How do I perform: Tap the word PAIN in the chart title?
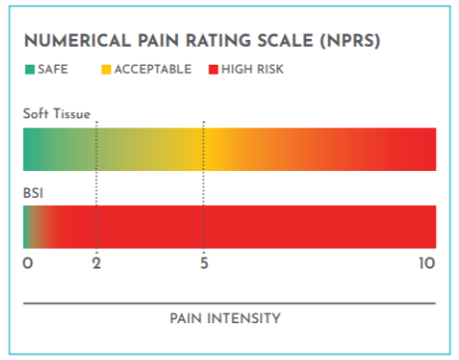pos(149,43)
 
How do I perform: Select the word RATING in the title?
pos(208,43)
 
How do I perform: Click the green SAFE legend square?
pos(28,71)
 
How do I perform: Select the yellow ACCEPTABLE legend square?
pos(105,71)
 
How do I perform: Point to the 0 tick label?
pos(28,265)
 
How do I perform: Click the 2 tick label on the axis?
pos(96,265)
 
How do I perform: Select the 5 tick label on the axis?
pos(204,265)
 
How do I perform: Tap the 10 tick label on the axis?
pos(426,265)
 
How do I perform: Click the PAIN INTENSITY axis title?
pos(229,318)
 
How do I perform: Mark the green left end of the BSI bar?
pos(27,226)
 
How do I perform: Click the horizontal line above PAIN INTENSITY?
pos(229,302)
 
